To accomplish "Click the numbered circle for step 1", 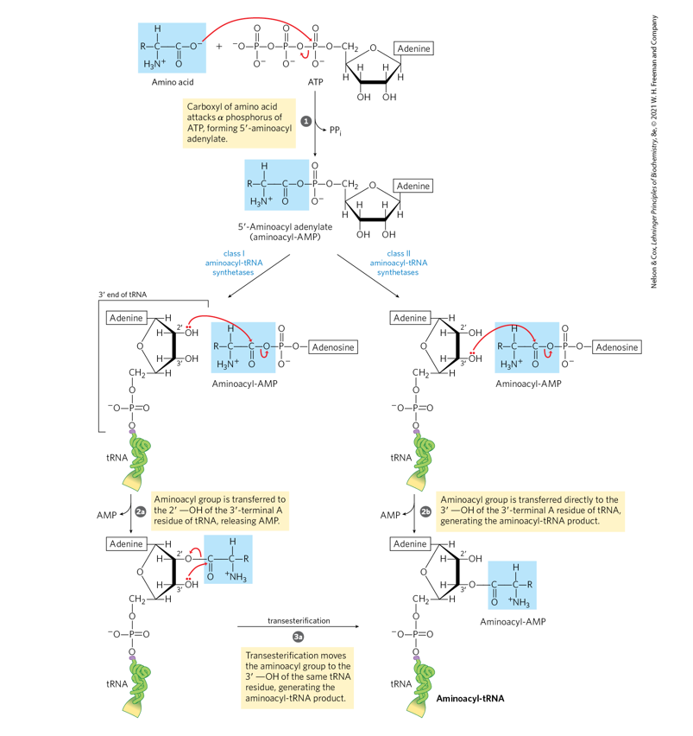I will click(x=306, y=122).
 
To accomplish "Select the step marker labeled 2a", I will click(x=140, y=512).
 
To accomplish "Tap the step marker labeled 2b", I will click(x=425, y=512).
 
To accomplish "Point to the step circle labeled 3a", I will click(x=298, y=637).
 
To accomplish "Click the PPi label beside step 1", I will click(x=337, y=129).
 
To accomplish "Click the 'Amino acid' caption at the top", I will click(x=173, y=83).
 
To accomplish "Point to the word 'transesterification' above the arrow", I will click(x=298, y=620).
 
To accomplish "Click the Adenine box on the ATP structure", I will click(x=413, y=49).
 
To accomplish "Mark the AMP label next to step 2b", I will click(x=391, y=516).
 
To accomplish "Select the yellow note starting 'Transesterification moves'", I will click(x=298, y=678).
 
